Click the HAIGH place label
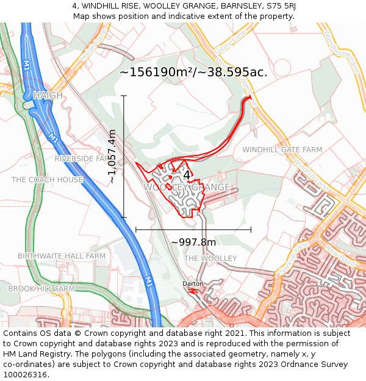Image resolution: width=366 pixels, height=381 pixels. point(48,96)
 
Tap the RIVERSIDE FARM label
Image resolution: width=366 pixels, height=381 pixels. point(81,158)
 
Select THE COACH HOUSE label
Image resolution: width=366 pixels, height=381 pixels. point(47,180)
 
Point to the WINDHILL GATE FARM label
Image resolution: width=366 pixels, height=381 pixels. point(282,149)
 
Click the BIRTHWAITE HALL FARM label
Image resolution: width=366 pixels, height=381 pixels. point(61,256)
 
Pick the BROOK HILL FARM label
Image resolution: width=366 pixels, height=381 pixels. point(41,288)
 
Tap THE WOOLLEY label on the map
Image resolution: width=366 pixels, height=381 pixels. point(210,258)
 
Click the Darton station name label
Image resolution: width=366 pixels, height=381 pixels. point(193,284)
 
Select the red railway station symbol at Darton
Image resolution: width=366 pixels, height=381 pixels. point(193,291)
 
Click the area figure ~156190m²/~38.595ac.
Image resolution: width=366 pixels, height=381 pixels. point(193,72)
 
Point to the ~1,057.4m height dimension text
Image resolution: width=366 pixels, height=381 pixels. point(112,157)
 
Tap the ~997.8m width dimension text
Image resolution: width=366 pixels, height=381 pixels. point(193,242)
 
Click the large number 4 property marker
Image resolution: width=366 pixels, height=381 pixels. point(187,175)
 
